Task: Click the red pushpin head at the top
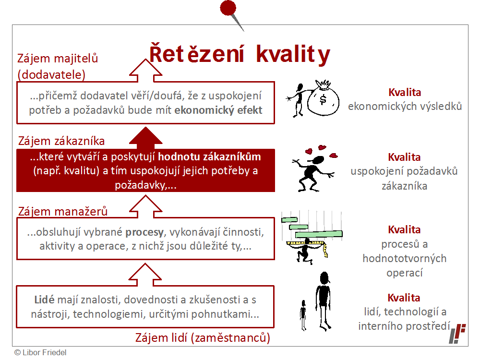point(228,8)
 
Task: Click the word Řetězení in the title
point(197,54)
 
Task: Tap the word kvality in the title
point(293,55)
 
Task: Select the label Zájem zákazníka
point(61,141)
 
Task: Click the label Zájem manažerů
point(63,211)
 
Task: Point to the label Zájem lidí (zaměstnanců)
point(203,337)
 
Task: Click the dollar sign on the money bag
point(323,99)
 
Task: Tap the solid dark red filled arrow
point(146,136)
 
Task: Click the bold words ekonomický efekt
point(218,110)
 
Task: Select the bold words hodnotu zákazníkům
point(209,157)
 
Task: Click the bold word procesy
point(144,232)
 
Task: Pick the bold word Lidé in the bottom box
point(44,300)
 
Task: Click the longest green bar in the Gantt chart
point(319,234)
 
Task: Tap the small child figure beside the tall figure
point(303,315)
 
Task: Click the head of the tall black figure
point(324,278)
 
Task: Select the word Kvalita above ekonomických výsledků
point(405,92)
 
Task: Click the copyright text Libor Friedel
point(40,352)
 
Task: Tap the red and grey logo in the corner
point(457,333)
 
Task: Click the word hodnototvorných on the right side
point(404,258)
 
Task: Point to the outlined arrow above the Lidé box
point(145,275)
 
